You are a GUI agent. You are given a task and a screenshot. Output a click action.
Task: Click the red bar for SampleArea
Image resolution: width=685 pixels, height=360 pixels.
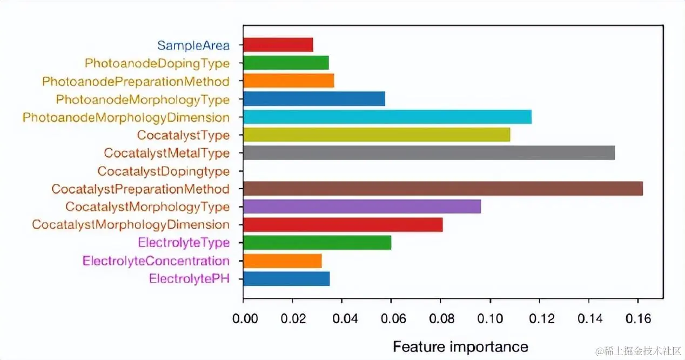pyautogui.click(x=278, y=45)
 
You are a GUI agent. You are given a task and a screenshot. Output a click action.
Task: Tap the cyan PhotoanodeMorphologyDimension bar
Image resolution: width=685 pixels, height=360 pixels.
pyautogui.click(x=387, y=117)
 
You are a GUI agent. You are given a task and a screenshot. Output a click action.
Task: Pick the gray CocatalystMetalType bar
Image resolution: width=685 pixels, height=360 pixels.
pyautogui.click(x=429, y=153)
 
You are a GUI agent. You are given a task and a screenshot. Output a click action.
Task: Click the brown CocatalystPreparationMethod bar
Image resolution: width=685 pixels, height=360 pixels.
pyautogui.click(x=443, y=189)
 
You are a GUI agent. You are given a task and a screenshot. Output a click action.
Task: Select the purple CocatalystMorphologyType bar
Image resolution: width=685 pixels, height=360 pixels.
pyautogui.click(x=362, y=206)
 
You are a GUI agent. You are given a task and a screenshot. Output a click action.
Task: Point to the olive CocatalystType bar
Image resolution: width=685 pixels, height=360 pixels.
pyautogui.click(x=377, y=135)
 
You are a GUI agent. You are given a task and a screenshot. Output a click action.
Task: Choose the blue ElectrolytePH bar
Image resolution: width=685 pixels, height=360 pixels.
pyautogui.click(x=286, y=279)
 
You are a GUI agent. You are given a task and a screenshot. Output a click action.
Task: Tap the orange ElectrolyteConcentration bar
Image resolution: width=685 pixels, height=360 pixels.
pyautogui.click(x=283, y=261)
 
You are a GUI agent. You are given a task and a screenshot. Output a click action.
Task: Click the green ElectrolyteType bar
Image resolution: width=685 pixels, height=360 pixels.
pyautogui.click(x=317, y=243)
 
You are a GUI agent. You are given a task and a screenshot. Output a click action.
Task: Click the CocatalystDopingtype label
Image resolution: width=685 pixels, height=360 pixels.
pyautogui.click(x=163, y=171)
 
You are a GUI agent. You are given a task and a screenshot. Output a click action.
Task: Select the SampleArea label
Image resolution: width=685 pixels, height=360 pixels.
pyautogui.click(x=193, y=45)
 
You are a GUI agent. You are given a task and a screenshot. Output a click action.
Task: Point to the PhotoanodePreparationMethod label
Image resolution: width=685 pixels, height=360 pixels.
pyautogui.click(x=136, y=81)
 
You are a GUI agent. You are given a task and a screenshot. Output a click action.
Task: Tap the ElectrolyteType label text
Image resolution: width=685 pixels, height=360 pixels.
pyautogui.click(x=184, y=243)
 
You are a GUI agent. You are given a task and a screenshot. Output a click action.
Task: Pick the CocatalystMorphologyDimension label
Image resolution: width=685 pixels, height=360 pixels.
pyautogui.click(x=131, y=224)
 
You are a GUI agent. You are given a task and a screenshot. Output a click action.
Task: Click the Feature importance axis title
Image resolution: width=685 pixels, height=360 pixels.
pyautogui.click(x=460, y=346)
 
